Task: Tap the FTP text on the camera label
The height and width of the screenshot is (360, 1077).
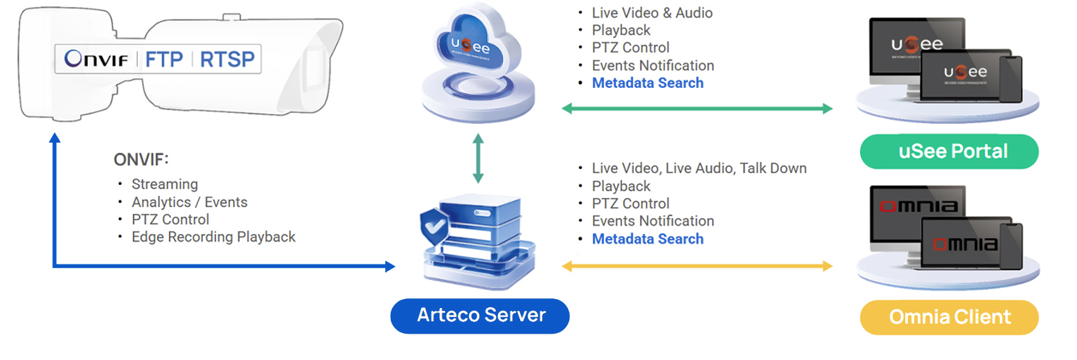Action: (x=163, y=60)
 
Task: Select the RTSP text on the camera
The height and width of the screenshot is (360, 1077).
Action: (x=226, y=60)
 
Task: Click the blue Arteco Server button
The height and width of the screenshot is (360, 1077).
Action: (x=480, y=316)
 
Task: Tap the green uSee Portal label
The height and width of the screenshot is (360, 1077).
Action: (x=949, y=151)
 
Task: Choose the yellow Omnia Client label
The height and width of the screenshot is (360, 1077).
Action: (x=949, y=317)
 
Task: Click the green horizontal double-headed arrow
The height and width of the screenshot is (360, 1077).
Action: (x=697, y=108)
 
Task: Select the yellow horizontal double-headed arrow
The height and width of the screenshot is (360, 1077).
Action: (x=697, y=265)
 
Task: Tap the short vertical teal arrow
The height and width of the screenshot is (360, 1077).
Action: (x=478, y=159)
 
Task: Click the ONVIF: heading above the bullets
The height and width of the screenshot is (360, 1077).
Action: (x=141, y=160)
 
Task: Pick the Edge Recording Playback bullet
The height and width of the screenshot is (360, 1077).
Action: (x=213, y=237)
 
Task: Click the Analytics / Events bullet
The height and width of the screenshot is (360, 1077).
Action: (x=189, y=202)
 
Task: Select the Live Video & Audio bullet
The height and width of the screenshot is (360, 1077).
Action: (x=652, y=12)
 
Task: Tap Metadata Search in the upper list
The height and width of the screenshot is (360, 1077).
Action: (x=647, y=83)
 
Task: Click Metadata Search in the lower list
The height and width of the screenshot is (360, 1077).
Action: (x=647, y=239)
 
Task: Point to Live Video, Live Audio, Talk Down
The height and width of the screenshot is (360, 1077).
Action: (x=699, y=168)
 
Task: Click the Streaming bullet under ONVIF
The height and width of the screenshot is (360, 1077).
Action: (x=164, y=184)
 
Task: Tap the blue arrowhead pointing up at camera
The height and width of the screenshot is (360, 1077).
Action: (x=55, y=138)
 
